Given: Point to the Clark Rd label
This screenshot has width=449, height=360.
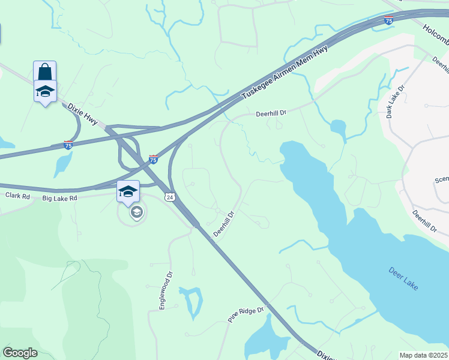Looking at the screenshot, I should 17,196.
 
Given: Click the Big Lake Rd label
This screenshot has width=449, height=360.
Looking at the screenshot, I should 60,197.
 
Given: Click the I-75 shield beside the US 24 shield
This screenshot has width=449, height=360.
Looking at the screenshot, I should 154,159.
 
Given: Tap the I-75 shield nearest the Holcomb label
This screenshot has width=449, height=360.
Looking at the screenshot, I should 389,21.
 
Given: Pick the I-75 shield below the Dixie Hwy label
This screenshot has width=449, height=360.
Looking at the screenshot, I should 68,145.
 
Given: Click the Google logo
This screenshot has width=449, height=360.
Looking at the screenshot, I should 20,353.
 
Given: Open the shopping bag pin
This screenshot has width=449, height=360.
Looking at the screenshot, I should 45,71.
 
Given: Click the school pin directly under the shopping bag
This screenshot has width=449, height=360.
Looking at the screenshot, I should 45,92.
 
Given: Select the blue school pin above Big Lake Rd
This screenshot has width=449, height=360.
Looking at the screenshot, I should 128,191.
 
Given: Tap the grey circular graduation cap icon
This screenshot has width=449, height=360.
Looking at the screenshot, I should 137,212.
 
